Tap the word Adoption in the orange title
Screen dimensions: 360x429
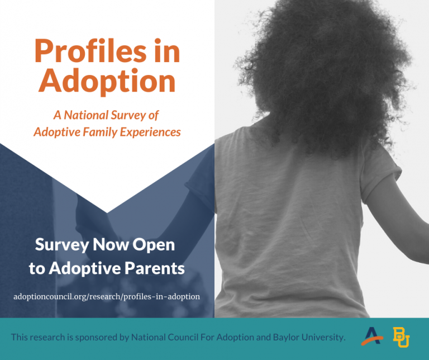(107, 81)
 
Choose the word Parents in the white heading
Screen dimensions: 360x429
(153, 268)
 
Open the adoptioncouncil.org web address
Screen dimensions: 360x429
(107, 296)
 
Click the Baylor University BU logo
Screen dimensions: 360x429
(401, 337)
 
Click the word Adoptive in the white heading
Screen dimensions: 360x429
(80, 268)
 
